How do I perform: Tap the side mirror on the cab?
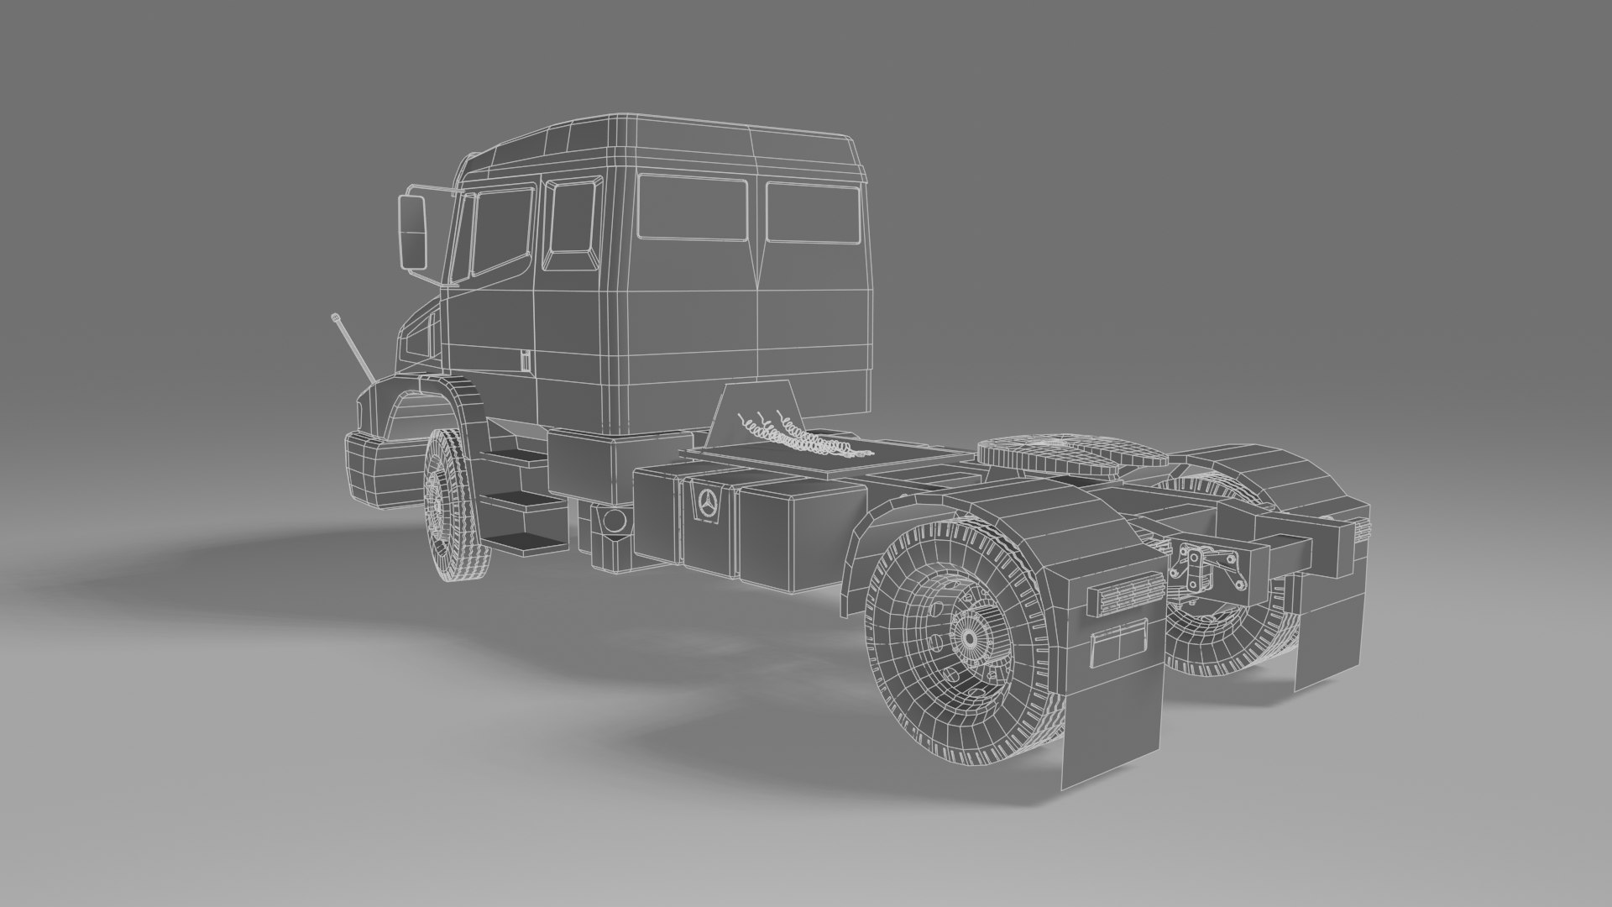click(x=413, y=229)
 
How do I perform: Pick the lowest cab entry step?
click(x=524, y=543)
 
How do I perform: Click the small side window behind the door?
click(x=572, y=218)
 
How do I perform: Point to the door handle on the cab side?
click(x=522, y=362)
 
